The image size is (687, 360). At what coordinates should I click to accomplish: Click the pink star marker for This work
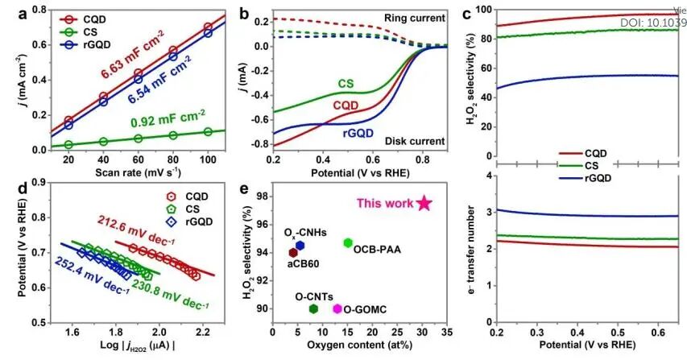coord(424,203)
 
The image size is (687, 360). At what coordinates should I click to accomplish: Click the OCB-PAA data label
coord(378,250)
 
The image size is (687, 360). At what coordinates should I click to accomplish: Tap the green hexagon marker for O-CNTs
coord(313,308)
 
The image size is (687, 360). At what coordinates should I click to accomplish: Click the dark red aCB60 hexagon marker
coord(293,252)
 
